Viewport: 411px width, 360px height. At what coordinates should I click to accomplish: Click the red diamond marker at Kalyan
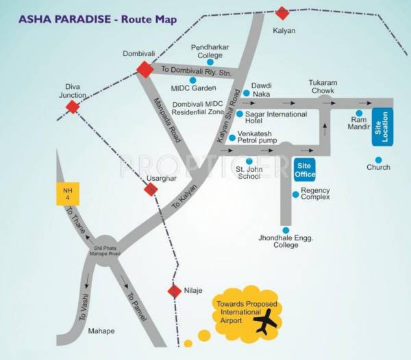point(282,13)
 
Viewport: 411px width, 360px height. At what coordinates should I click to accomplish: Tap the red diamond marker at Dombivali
point(145,69)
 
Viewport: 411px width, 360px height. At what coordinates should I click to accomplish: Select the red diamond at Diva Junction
point(73,107)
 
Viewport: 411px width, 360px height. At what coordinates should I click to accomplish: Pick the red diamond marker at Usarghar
point(151,190)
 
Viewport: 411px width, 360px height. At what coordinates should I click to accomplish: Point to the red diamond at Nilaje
point(174,292)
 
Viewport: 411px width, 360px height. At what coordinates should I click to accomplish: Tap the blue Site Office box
point(305,170)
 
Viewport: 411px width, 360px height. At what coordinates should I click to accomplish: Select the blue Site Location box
point(382,127)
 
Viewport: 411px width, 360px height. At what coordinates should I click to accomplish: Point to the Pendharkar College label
point(210,51)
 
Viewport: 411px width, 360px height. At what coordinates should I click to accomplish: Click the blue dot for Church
point(379,158)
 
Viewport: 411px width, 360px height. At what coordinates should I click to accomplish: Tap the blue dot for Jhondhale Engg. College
point(286,230)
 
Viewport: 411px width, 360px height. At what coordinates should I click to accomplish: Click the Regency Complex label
point(316,194)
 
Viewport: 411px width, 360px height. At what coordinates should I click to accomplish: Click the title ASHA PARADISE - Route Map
point(94,18)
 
